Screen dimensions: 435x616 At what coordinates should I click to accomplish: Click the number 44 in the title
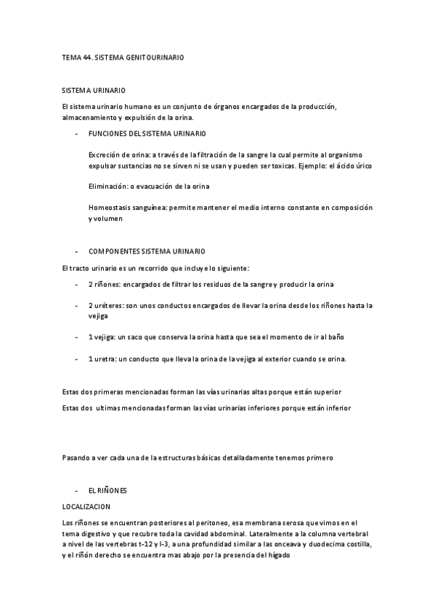(x=87, y=56)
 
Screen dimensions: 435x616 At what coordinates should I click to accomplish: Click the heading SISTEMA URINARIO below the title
(x=94, y=91)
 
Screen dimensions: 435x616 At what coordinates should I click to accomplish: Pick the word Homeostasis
(x=110, y=207)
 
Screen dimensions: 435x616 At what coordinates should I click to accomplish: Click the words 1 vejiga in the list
(x=102, y=337)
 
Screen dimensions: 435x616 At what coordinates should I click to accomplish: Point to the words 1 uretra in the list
(x=101, y=359)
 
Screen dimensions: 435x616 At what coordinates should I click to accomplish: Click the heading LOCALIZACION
(x=86, y=507)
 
